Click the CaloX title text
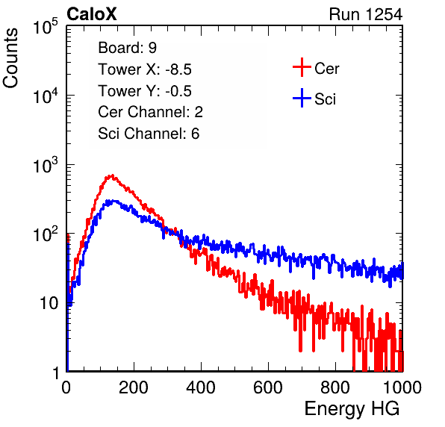[x=91, y=14]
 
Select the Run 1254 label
[x=366, y=14]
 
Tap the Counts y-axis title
[x=10, y=58]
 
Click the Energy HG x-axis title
[x=352, y=409]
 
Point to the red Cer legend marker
[x=302, y=67]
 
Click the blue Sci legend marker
[x=302, y=99]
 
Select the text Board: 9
[x=127, y=48]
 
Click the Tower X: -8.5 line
[x=145, y=69]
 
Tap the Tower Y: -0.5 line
[x=145, y=91]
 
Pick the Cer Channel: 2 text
[x=150, y=112]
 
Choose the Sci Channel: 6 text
[x=149, y=134]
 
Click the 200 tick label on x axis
[x=134, y=387]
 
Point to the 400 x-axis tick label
[x=201, y=387]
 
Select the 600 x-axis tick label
[x=268, y=387]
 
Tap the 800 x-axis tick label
[x=335, y=387]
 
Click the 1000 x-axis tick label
[x=402, y=387]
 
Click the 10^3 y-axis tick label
[x=46, y=164]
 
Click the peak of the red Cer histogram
[x=112, y=176]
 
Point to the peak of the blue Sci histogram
[x=113, y=201]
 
